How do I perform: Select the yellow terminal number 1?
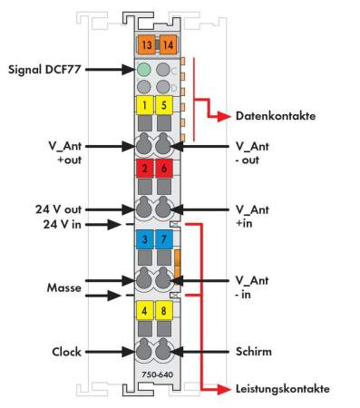click(144, 104)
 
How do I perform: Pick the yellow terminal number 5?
click(163, 104)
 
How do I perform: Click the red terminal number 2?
click(144, 169)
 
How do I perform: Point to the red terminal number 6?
click(163, 169)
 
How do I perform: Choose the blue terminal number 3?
click(144, 239)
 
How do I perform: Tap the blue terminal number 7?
click(163, 239)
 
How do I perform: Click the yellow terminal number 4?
click(144, 310)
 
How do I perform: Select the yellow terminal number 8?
click(163, 310)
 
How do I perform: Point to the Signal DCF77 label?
click(48, 68)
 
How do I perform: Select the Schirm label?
click(256, 350)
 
